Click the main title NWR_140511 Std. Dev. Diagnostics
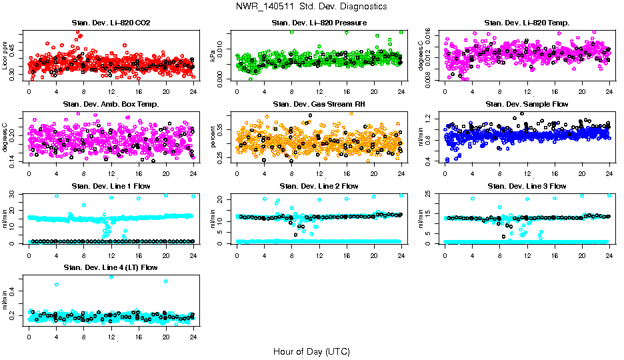[x=311, y=7]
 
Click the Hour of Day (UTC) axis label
[x=311, y=351]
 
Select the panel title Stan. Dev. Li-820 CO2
[x=111, y=23]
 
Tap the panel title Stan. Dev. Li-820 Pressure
[x=319, y=23]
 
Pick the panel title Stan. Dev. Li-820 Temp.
[x=527, y=23]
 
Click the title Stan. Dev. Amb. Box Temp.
[x=111, y=105]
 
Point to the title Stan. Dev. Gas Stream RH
[x=319, y=105]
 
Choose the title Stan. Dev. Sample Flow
[x=527, y=105]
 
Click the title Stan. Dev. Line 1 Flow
[x=111, y=186]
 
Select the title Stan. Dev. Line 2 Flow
[x=319, y=186]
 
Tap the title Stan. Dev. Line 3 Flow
[x=527, y=186]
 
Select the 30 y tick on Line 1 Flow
[x=14, y=194]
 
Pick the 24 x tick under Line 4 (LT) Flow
[x=193, y=337]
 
